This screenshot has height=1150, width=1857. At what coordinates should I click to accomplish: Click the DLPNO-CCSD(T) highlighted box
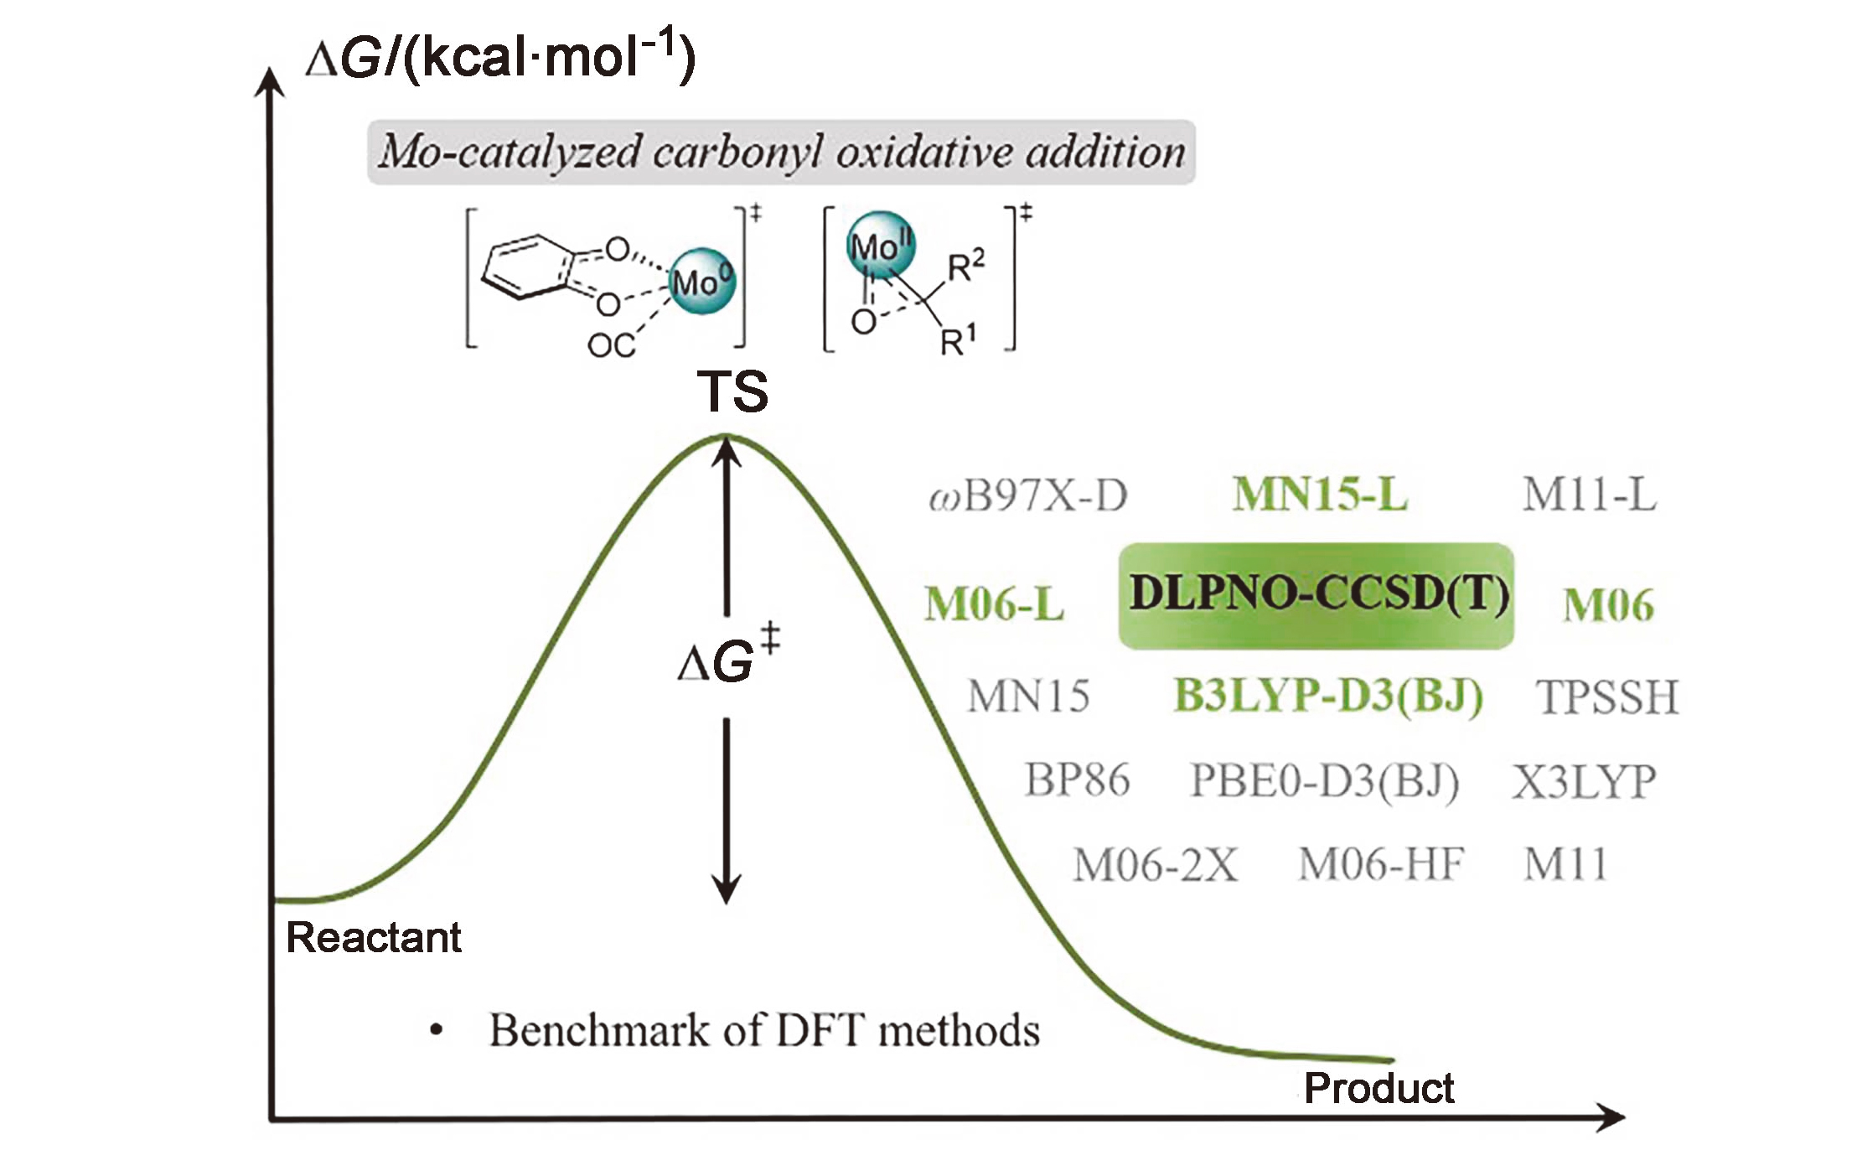[x=1316, y=595]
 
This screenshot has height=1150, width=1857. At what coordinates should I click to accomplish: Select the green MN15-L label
[x=1320, y=495]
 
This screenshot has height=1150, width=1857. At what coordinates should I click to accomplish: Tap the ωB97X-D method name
[x=1028, y=496]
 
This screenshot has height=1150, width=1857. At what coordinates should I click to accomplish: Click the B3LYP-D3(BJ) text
[x=1328, y=696]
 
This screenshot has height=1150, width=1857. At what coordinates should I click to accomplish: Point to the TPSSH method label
[x=1607, y=697]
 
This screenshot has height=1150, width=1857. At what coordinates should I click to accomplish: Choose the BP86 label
[x=1077, y=780]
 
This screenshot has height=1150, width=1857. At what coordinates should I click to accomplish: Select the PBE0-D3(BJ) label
[x=1325, y=781]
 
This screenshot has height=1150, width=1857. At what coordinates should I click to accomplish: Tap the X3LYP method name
[x=1584, y=782]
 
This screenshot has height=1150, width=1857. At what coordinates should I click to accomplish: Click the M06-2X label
[x=1155, y=865]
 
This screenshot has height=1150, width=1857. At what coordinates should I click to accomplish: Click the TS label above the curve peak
[x=732, y=391]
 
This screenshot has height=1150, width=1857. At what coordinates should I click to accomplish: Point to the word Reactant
[x=374, y=937]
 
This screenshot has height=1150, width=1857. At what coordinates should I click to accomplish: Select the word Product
[x=1379, y=1088]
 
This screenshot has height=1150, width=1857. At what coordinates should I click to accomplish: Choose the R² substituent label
[x=966, y=267]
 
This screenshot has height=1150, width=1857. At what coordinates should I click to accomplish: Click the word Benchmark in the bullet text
[x=599, y=1030]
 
